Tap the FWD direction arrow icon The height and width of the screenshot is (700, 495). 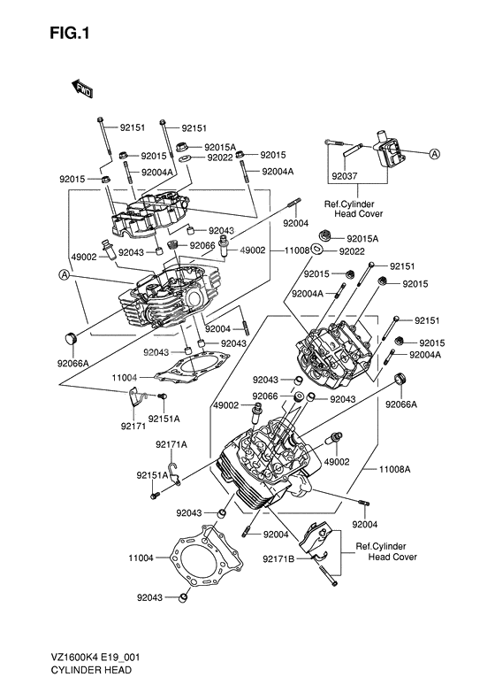(83, 87)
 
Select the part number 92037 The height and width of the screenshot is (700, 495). (344, 176)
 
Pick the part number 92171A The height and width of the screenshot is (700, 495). (171, 444)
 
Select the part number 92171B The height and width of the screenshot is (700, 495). (278, 558)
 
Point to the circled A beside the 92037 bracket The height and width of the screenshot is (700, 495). (434, 153)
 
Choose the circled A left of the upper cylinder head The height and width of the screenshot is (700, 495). (65, 275)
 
